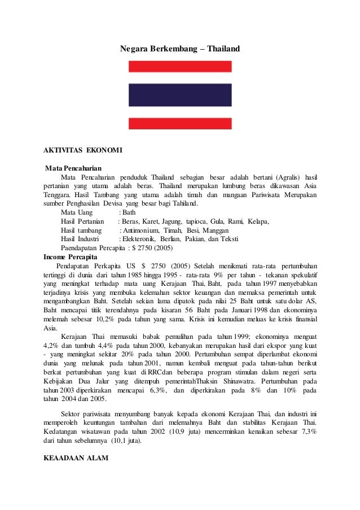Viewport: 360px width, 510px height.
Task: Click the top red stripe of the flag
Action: pos(180,67)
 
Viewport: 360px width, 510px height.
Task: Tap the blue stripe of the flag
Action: pos(180,95)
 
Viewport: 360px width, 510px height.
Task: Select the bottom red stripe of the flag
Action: pos(180,124)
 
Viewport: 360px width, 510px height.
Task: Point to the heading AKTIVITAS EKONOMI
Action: pos(82,150)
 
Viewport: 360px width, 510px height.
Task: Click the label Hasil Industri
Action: pos(80,239)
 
